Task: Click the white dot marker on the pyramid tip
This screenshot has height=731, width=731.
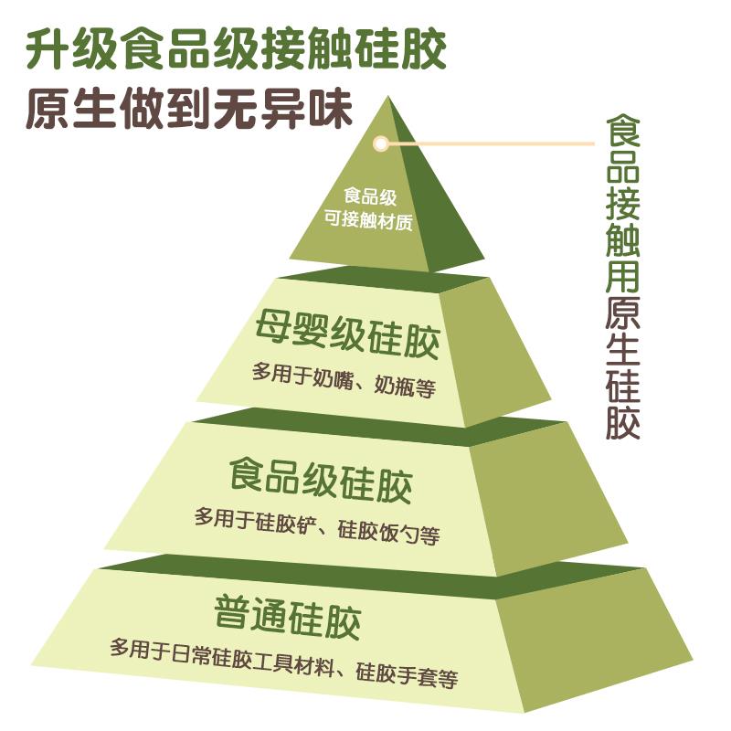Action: tap(381, 143)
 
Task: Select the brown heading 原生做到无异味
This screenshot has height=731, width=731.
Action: tap(188, 110)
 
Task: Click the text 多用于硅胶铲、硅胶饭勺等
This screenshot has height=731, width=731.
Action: tap(317, 528)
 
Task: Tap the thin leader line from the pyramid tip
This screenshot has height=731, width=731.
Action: tap(493, 143)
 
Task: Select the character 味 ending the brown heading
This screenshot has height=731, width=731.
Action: tap(330, 110)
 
